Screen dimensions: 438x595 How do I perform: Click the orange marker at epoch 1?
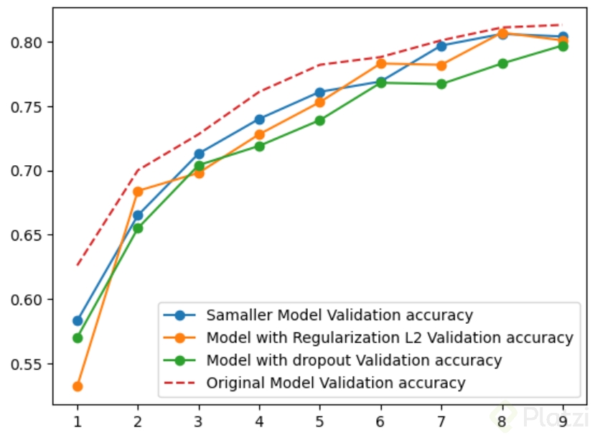[x=78, y=386]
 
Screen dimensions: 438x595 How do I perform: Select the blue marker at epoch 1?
[x=78, y=320]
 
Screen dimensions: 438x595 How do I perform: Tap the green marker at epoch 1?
[x=78, y=337]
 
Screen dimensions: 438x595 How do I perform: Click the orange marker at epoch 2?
[x=138, y=192]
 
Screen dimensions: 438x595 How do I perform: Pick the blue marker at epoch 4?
[x=259, y=119]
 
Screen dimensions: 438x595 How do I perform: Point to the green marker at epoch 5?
[x=319, y=121]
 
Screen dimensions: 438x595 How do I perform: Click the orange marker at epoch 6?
[x=380, y=64]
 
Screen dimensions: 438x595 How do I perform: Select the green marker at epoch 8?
[x=502, y=63]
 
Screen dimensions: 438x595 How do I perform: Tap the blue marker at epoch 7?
[x=441, y=46]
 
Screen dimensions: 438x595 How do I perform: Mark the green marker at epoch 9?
[x=563, y=46]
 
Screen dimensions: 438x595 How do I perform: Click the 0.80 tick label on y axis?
[x=28, y=42]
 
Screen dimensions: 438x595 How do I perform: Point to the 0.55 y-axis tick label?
[x=28, y=364]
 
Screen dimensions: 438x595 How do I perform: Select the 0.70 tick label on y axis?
[x=28, y=171]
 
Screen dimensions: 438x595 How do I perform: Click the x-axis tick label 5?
[x=319, y=417]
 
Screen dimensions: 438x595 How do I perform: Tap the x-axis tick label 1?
[x=78, y=417]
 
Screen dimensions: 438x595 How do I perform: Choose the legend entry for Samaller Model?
[x=339, y=314]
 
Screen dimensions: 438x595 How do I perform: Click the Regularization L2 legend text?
[x=389, y=337]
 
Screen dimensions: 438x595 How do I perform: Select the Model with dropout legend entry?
[x=353, y=360]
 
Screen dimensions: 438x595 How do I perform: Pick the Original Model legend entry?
[x=336, y=383]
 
